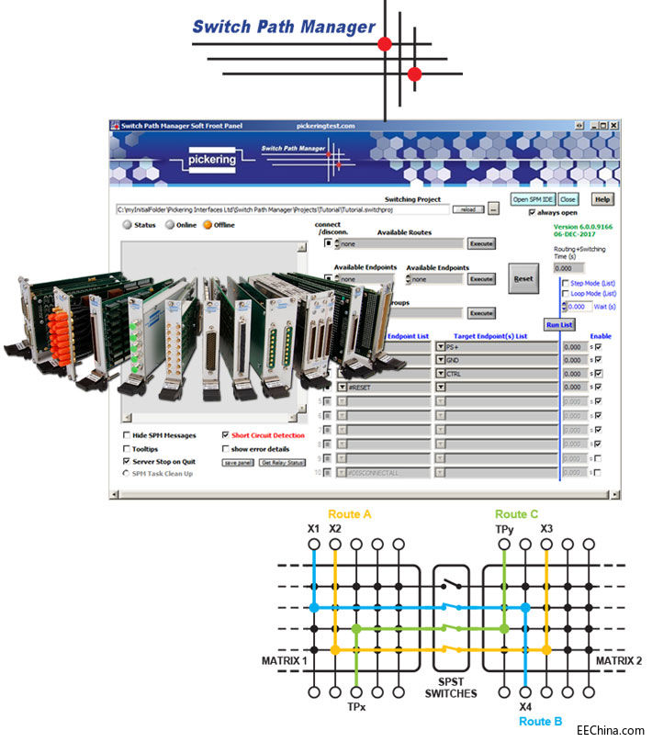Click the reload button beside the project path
pyautogui.click(x=467, y=209)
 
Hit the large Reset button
pyautogui.click(x=523, y=278)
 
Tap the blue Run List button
pyautogui.click(x=559, y=324)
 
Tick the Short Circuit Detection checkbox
pyautogui.click(x=226, y=435)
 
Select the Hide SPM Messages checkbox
pyautogui.click(x=126, y=435)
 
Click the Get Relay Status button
pyautogui.click(x=283, y=462)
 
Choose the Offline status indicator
pyautogui.click(x=208, y=225)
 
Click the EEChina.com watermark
pyautogui.click(x=611, y=731)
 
